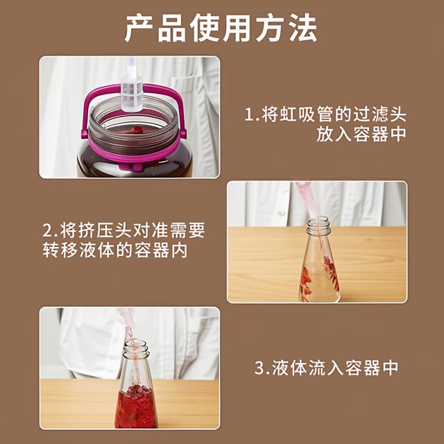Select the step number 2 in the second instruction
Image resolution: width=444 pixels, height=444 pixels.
click(x=46, y=230)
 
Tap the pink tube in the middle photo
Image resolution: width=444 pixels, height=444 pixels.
click(x=305, y=198)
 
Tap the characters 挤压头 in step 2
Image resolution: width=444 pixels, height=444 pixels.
click(x=94, y=230)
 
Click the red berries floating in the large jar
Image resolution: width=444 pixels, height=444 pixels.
click(x=136, y=130)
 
